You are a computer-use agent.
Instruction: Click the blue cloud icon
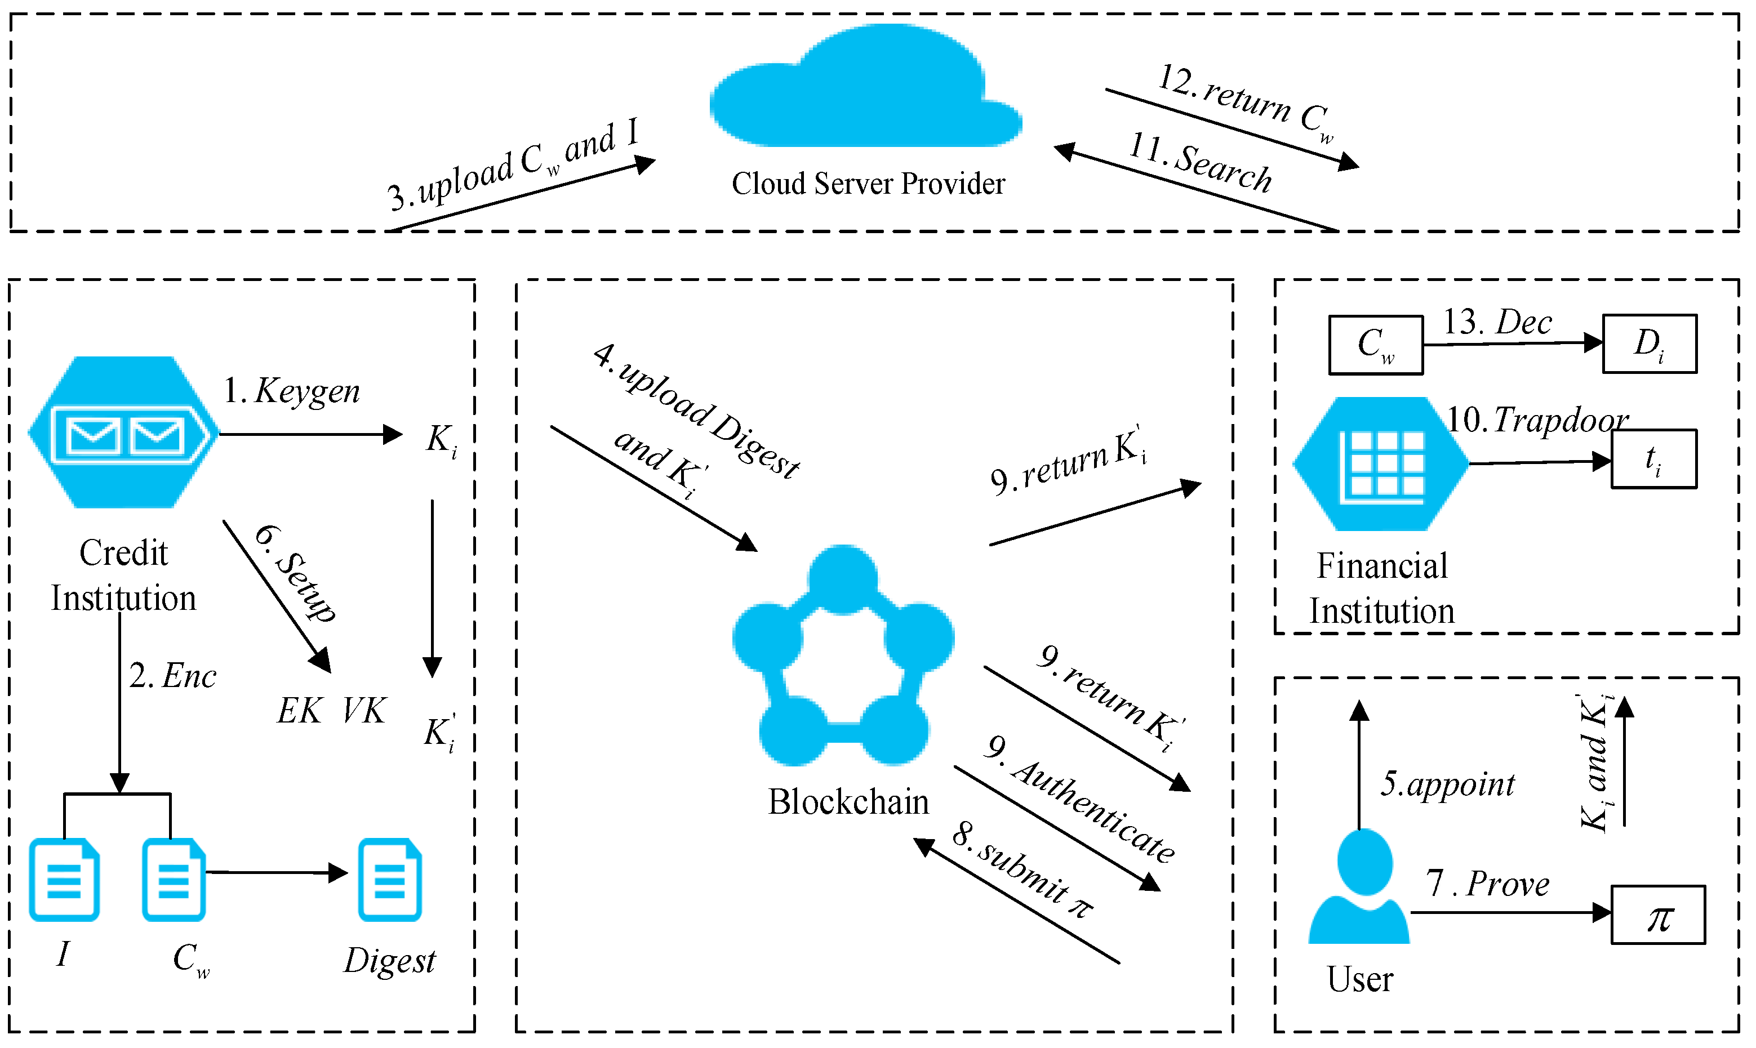click(865, 88)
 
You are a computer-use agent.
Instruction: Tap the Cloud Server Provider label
click(868, 184)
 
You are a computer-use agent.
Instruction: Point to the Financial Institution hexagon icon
click(1380, 464)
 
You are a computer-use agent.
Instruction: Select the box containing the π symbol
click(1659, 915)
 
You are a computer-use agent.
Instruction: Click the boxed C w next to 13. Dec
click(1376, 345)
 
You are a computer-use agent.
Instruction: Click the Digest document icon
click(390, 880)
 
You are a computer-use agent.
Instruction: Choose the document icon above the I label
click(64, 880)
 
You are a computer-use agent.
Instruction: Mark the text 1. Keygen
click(292, 390)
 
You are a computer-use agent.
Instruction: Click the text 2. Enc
click(173, 676)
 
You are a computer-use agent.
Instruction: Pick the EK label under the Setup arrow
click(300, 711)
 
